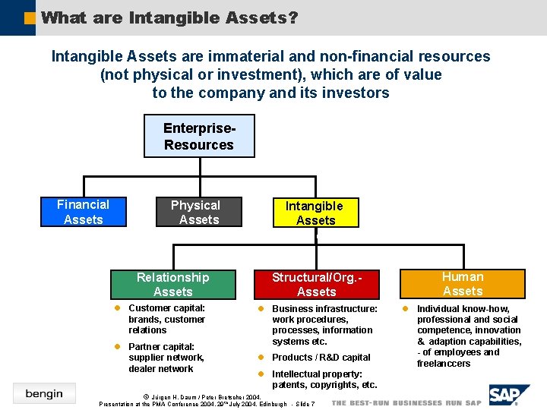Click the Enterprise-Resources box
click(x=199, y=136)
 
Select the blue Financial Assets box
click(x=83, y=212)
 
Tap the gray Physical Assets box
click(x=198, y=213)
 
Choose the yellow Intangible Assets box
click(x=315, y=213)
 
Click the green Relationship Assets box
click(x=172, y=285)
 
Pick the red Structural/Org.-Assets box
click(x=316, y=285)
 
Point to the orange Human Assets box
click(x=463, y=284)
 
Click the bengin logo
click(x=43, y=393)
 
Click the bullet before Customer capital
click(x=117, y=308)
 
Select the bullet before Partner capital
click(x=117, y=347)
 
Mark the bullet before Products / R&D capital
click(x=260, y=358)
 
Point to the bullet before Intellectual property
click(x=260, y=374)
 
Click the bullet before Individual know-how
click(x=405, y=309)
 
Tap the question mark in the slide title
click(x=292, y=17)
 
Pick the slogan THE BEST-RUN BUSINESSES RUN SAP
click(x=406, y=402)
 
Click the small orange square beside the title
click(x=30, y=16)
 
